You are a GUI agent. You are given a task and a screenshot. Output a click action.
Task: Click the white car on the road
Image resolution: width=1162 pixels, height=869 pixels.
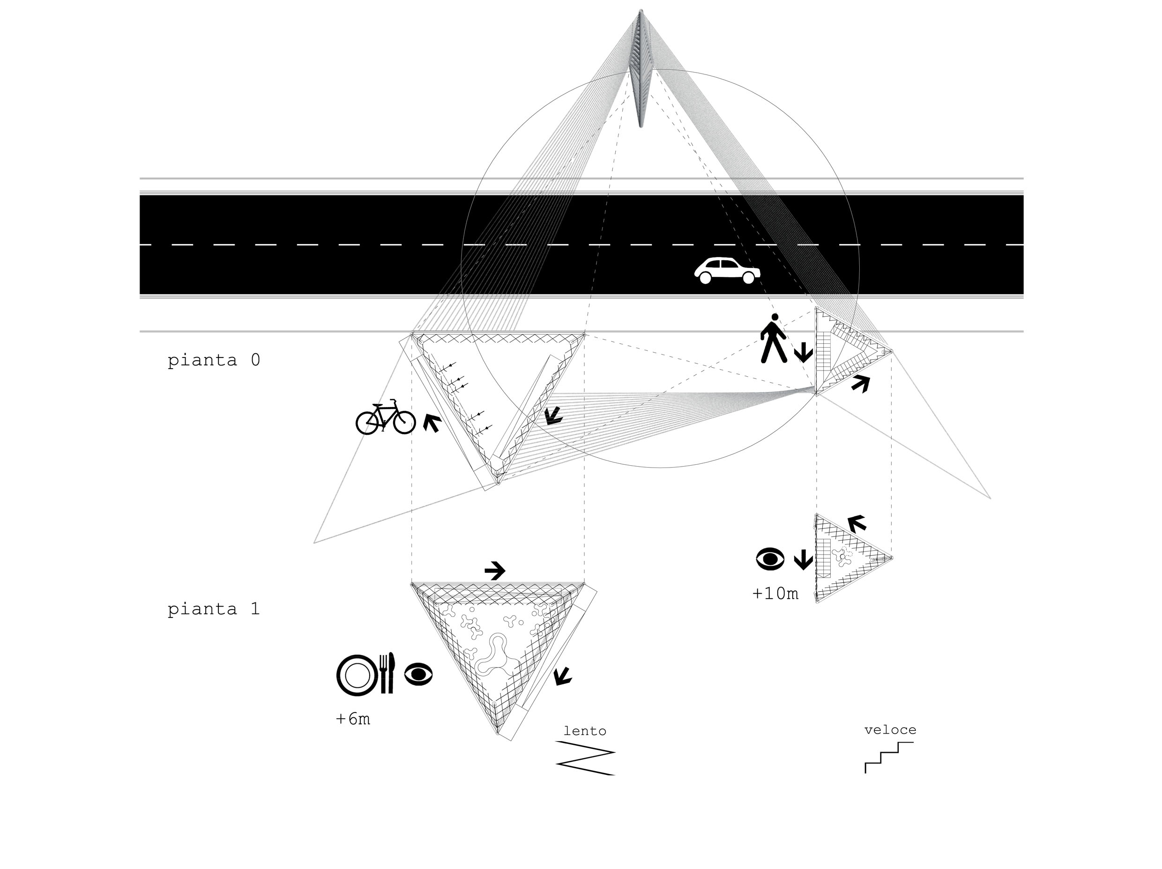click(727, 270)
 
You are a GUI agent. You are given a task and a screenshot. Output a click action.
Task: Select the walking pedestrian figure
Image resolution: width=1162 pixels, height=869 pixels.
click(773, 339)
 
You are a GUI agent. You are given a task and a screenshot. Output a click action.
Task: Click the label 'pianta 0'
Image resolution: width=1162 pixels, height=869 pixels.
click(214, 360)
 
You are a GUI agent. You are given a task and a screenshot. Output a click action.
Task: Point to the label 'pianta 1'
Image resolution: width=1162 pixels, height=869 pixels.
click(214, 609)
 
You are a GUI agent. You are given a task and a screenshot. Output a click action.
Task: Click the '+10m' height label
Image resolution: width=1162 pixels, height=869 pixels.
click(775, 594)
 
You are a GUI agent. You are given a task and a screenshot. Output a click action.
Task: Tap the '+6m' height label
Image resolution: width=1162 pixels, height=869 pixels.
click(353, 719)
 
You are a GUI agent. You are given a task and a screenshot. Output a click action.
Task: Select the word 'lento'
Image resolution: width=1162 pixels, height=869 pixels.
click(584, 731)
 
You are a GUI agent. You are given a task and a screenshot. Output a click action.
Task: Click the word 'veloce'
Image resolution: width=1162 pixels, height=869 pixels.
click(890, 730)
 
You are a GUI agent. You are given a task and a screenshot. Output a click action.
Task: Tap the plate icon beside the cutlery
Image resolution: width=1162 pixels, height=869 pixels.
click(357, 675)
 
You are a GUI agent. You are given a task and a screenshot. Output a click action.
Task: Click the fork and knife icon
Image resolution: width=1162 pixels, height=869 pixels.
click(387, 673)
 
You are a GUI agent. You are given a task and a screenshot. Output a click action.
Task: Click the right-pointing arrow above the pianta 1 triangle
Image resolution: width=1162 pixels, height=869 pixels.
click(494, 570)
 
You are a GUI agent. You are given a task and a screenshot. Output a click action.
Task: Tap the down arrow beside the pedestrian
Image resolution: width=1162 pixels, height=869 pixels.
click(803, 352)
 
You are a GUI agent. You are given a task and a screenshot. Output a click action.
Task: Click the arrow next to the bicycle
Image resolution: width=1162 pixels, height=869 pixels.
click(432, 423)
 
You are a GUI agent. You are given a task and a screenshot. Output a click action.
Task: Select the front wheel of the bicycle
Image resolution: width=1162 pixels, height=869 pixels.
click(404, 422)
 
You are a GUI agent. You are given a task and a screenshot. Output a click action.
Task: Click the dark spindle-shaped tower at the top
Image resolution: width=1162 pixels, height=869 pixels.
click(641, 68)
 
